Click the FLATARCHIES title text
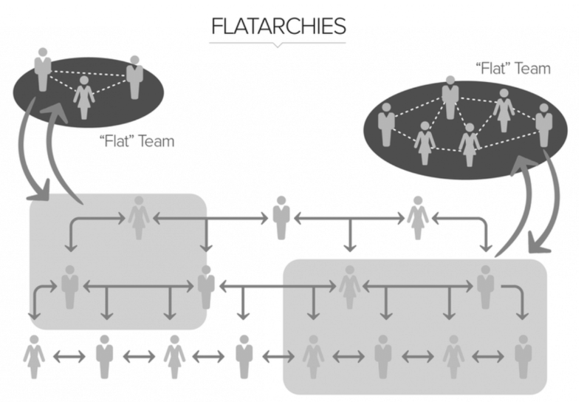[x=278, y=27]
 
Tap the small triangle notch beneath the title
[x=278, y=45]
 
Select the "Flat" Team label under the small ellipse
[x=136, y=141]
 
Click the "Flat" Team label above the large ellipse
[x=514, y=69]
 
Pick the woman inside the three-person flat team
[x=84, y=96]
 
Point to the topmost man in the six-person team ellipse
[x=449, y=97]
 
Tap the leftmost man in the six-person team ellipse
[x=385, y=123]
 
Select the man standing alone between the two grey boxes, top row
[x=281, y=217]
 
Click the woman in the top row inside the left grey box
[x=138, y=217]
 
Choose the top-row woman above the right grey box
[x=417, y=217]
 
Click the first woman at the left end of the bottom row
[x=34, y=356]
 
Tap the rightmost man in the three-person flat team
[x=134, y=77]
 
